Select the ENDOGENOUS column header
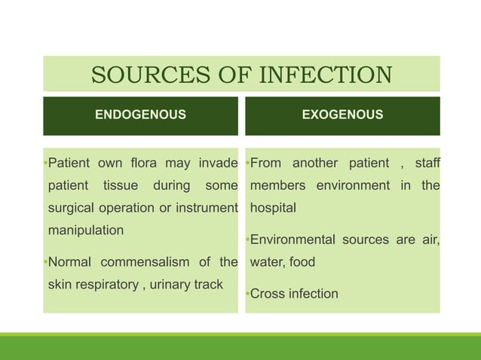140,115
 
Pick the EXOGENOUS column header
342,115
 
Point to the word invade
216,163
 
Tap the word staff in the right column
427,163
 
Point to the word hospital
273,208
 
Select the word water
266,262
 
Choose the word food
302,262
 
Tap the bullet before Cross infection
247,294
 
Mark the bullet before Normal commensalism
45,263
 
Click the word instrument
205,208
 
